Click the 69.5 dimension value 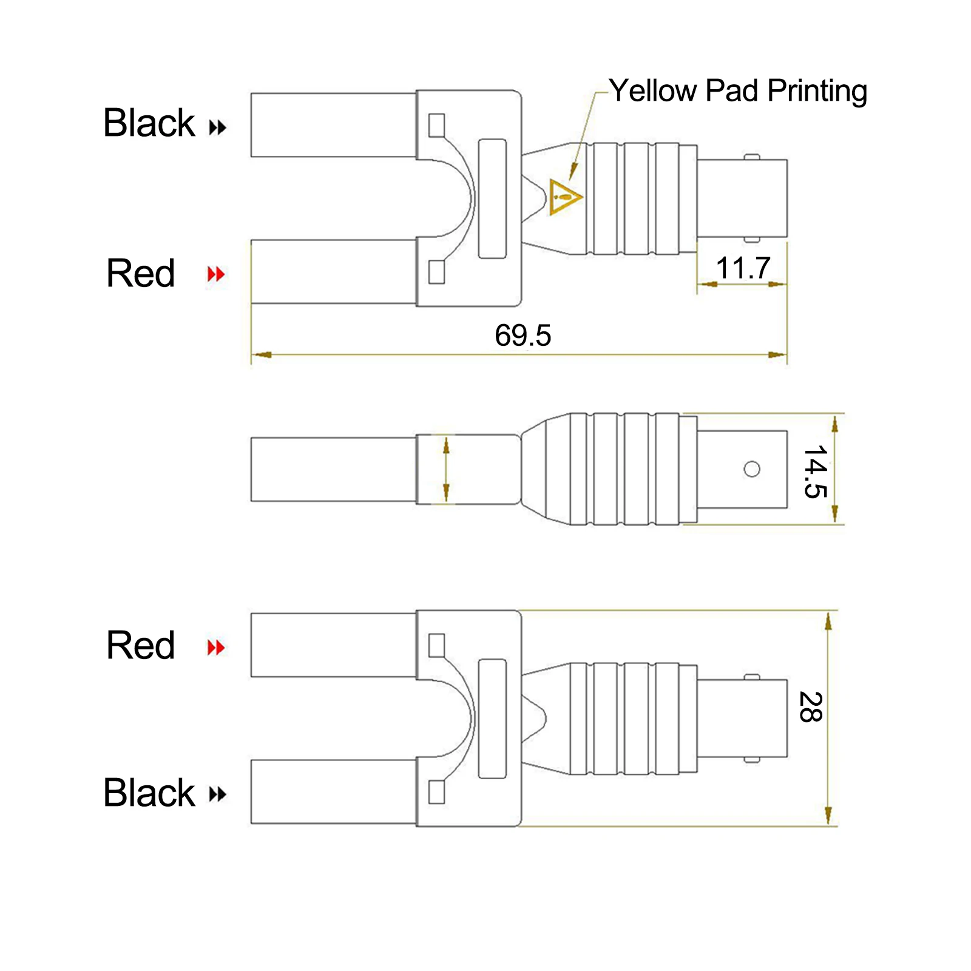point(523,336)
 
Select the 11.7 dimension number point(743,268)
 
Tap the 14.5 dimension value point(815,472)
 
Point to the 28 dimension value point(810,707)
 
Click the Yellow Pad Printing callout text point(738,91)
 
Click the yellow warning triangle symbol point(565,196)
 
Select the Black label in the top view point(149,123)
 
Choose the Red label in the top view point(140,273)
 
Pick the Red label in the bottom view point(140,645)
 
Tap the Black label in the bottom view point(149,793)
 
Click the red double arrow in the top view point(216,274)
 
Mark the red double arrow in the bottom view point(216,648)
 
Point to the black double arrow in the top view point(217,127)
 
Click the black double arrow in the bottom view point(217,794)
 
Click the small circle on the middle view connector point(752,469)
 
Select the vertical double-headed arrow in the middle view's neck point(446,469)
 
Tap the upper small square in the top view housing point(436,126)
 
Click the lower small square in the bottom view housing point(436,792)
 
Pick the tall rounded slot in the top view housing point(492,198)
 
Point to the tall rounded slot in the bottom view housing point(492,719)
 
